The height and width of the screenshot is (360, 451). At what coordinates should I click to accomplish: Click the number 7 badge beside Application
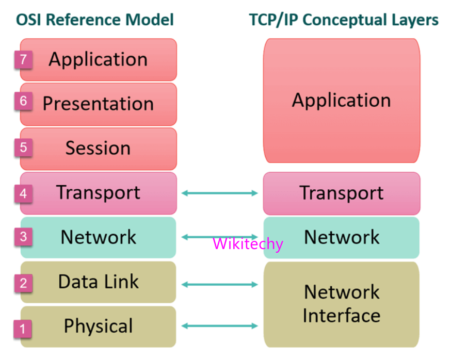[x=23, y=59]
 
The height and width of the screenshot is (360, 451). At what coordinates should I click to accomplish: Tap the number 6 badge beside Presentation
[x=23, y=101]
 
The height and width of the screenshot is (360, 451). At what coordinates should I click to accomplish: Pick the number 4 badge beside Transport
[x=23, y=194]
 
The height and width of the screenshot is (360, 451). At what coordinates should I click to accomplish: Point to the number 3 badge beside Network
[x=23, y=238]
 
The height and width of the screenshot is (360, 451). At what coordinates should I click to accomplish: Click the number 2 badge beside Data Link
[x=23, y=283]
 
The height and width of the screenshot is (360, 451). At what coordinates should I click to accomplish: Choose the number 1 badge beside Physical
[x=23, y=328]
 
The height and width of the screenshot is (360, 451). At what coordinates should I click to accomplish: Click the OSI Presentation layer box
[x=98, y=104]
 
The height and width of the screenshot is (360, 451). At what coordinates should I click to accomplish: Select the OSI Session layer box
[x=98, y=149]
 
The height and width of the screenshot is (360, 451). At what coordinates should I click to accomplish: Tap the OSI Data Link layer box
[x=98, y=282]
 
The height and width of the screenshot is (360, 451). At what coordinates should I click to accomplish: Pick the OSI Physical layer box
[x=98, y=326]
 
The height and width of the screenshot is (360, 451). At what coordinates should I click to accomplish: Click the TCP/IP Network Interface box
[x=342, y=304]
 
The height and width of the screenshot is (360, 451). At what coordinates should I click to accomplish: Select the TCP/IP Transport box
[x=342, y=193]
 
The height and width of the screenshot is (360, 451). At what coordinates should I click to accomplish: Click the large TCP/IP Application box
[x=342, y=101]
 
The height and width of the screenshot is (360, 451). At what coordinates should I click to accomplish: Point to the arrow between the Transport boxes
[x=219, y=193]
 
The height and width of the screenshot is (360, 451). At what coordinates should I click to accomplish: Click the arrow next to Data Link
[x=219, y=284]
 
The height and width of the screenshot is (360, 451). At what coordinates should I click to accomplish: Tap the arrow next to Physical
[x=219, y=325]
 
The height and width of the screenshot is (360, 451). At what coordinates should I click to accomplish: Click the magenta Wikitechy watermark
[x=248, y=243]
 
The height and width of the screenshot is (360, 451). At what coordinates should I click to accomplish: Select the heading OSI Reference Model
[x=95, y=20]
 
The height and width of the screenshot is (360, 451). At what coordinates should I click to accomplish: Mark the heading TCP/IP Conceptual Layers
[x=344, y=20]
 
